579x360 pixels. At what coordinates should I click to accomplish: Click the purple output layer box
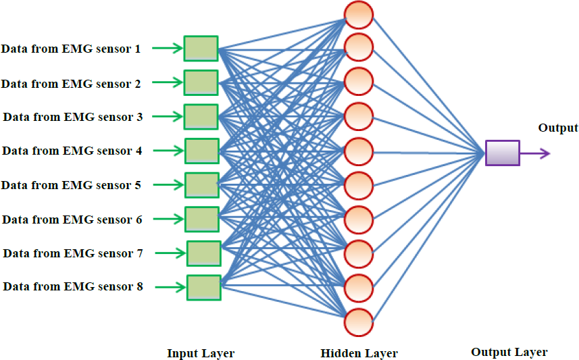coord(502,153)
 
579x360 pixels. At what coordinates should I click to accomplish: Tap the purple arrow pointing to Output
coord(535,153)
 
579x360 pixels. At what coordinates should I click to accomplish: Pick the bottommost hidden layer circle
coord(358,322)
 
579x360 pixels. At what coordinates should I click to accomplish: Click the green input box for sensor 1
coord(201,49)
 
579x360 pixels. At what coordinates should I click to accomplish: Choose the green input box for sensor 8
coord(204,288)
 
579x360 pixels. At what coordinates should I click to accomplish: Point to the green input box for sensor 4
coord(201,151)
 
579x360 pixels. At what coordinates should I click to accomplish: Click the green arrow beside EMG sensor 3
coord(168,116)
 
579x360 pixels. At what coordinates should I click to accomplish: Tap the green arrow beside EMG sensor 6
coord(168,219)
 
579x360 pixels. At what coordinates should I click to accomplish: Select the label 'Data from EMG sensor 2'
coord(71,84)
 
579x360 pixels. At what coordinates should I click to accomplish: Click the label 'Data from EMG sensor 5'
coord(71,185)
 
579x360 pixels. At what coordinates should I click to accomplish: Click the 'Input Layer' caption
coord(201,353)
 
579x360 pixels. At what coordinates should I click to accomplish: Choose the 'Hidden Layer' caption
coord(359,353)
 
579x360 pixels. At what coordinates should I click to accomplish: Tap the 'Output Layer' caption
coord(509,352)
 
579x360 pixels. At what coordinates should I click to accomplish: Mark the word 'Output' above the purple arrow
coord(558,128)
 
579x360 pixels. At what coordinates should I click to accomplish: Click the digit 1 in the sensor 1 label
coord(138,49)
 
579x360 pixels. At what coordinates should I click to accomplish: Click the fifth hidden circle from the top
coord(358,152)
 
